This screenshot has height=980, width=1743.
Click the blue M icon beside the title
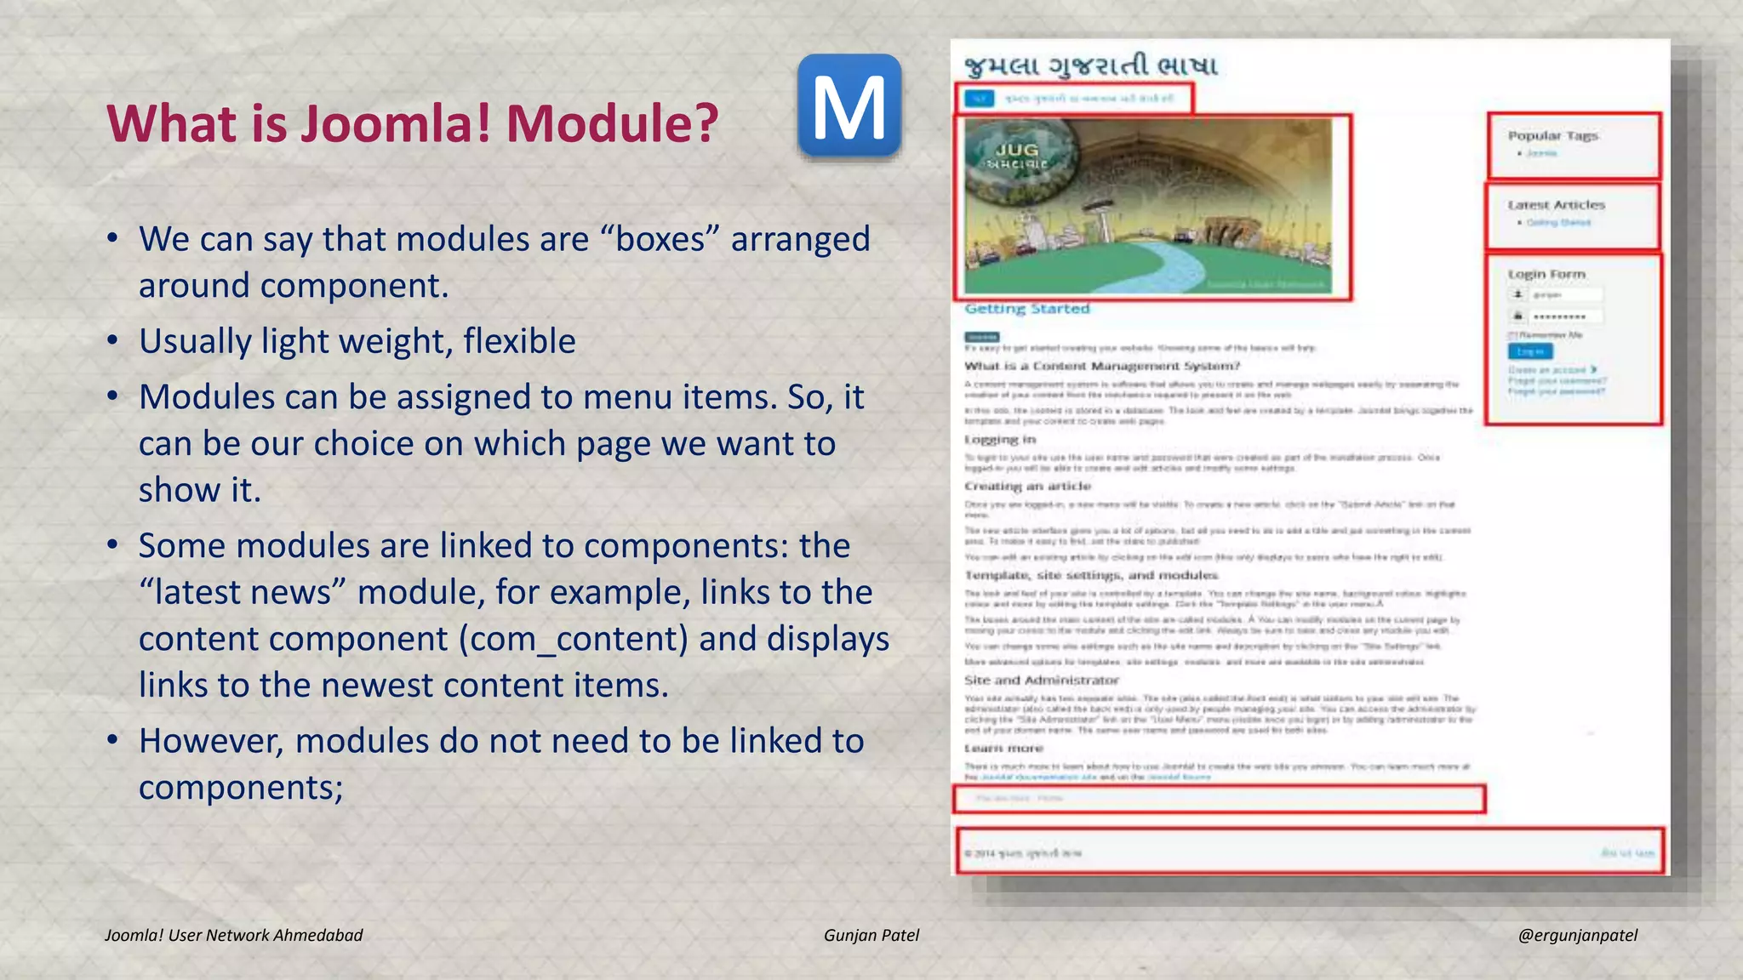pyautogui.click(x=849, y=106)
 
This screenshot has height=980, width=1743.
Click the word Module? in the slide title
pyautogui.click(x=613, y=123)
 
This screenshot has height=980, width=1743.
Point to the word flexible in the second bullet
pyautogui.click(x=519, y=341)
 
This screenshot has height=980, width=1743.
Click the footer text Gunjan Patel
pyautogui.click(x=871, y=935)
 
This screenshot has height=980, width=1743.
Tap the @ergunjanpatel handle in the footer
pyautogui.click(x=1577, y=935)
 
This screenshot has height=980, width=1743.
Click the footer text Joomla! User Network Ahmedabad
pyautogui.click(x=233, y=935)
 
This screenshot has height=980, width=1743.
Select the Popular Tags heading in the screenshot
pyautogui.click(x=1553, y=136)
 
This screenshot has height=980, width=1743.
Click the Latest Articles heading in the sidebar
pyautogui.click(x=1556, y=205)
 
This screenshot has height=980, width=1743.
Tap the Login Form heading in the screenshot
pyautogui.click(x=1546, y=274)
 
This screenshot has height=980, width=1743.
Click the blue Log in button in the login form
pyautogui.click(x=1530, y=351)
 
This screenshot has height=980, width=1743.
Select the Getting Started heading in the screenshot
pyautogui.click(x=1026, y=309)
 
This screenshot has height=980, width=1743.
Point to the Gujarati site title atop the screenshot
pyautogui.click(x=1090, y=66)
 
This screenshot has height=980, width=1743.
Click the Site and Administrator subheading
pyautogui.click(x=1041, y=681)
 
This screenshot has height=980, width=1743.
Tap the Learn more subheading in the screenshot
pyautogui.click(x=1003, y=749)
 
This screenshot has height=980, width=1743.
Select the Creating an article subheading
pyautogui.click(x=1027, y=487)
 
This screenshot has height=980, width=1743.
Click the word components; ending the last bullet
pyautogui.click(x=241, y=788)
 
